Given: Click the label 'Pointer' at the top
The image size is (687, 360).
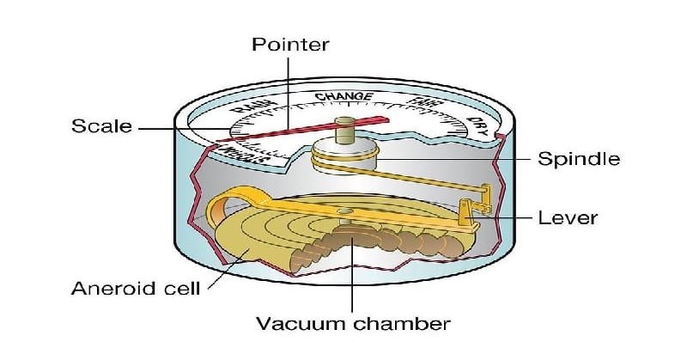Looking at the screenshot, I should click(x=289, y=44).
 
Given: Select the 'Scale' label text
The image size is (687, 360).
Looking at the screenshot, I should click(x=101, y=126).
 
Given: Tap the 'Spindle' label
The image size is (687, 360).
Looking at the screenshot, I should click(x=578, y=159).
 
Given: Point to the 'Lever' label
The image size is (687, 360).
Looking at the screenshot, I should click(x=568, y=217).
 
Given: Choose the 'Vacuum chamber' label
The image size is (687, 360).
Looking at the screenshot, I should click(x=353, y=324).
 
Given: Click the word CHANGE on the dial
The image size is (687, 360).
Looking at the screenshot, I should click(x=343, y=96).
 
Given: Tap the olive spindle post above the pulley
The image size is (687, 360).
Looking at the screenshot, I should click(x=347, y=129).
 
